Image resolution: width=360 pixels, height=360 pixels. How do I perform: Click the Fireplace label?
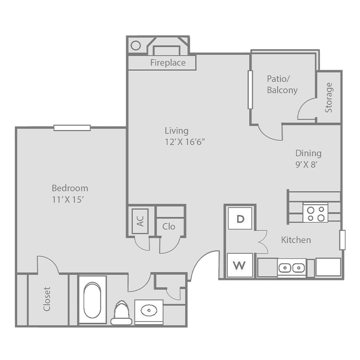[168, 63]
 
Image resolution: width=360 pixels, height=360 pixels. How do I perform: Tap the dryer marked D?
[240, 218]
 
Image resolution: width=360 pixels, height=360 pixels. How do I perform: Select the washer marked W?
[240, 265]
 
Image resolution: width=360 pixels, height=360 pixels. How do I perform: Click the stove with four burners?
[316, 213]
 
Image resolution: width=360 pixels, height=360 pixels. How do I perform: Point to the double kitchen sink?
[292, 268]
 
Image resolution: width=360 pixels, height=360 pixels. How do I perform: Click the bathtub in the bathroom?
[92, 300]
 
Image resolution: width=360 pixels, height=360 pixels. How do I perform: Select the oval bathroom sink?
[149, 311]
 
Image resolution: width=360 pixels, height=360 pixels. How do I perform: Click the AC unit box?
[140, 221]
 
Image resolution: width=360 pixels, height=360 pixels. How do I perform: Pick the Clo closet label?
[169, 227]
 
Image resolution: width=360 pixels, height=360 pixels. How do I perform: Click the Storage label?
[329, 98]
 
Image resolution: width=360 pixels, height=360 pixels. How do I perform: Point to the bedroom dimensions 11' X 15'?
[67, 200]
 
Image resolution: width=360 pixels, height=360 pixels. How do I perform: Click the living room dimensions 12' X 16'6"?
[184, 142]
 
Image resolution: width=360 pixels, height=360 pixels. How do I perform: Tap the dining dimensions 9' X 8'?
[306, 164]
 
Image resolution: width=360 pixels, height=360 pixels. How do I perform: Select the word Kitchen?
[296, 240]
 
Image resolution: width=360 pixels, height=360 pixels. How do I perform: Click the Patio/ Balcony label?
[282, 84]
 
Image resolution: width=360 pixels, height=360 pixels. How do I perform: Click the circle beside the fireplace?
[136, 46]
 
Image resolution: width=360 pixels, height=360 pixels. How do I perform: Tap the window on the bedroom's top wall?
[72, 128]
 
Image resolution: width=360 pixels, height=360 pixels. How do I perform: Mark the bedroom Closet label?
[47, 299]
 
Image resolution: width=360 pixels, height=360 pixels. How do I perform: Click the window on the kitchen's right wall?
[342, 240]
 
